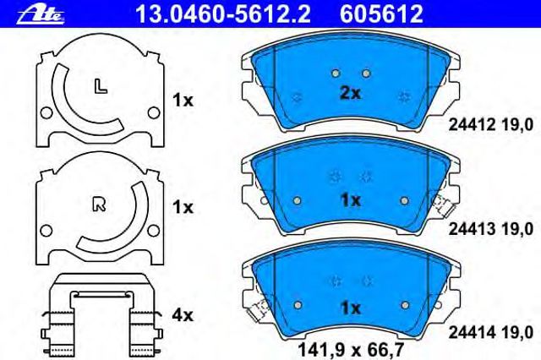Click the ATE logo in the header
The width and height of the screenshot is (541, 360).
click(41, 15)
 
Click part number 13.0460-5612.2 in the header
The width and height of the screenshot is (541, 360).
click(223, 14)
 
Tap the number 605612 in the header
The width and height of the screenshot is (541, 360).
click(381, 14)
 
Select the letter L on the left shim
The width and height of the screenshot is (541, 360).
click(101, 86)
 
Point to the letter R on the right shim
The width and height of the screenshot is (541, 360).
click(100, 204)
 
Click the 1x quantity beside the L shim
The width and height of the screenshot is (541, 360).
click(183, 101)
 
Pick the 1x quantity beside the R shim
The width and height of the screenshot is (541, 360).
click(183, 207)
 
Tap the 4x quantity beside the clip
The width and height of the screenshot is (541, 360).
click(183, 315)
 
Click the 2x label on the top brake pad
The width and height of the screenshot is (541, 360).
click(350, 93)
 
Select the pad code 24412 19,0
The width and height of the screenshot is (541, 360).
click(490, 124)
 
